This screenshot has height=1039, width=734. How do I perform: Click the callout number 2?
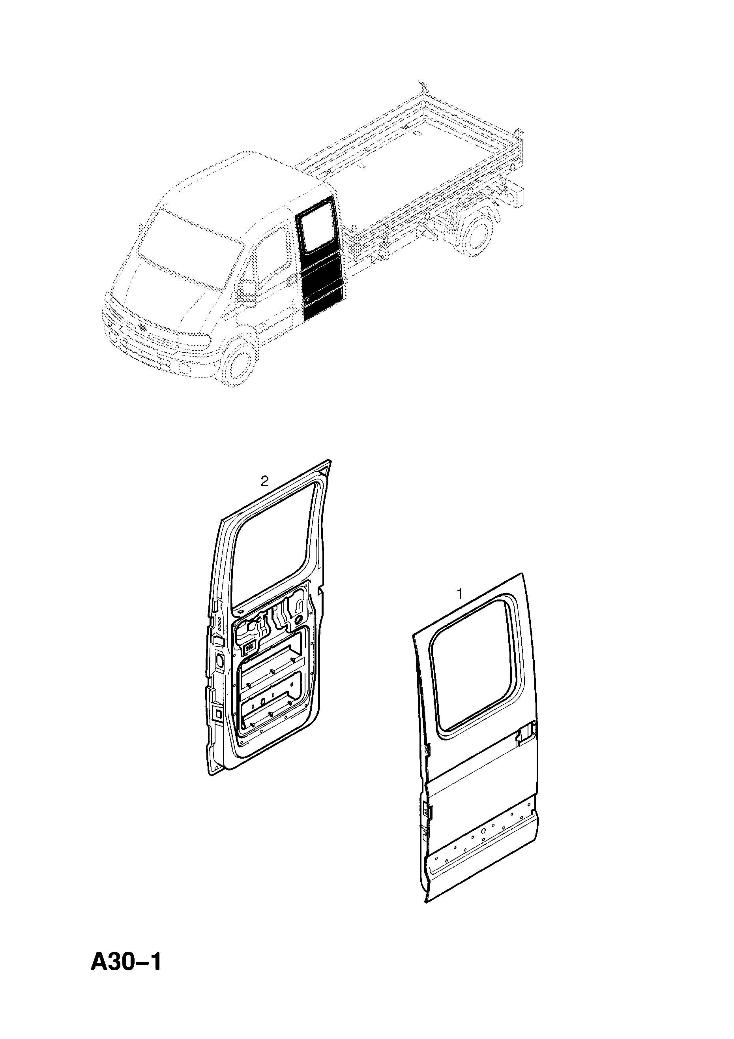pyautogui.click(x=264, y=481)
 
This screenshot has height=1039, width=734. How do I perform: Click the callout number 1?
pyautogui.click(x=460, y=594)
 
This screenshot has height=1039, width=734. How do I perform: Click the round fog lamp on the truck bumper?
pyautogui.click(x=185, y=369)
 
